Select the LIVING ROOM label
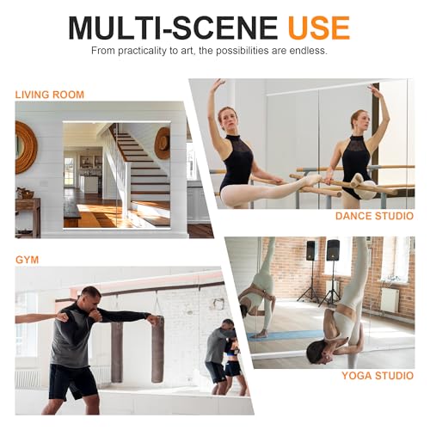coord(50,93)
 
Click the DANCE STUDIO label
coord(374,216)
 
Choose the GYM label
coord(28,257)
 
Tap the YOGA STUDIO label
coord(378,376)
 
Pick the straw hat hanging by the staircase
coord(162,142)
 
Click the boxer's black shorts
coord(73,379)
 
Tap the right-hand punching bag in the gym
coord(157,348)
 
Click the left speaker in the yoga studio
coord(310,251)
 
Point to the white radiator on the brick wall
coord(390,300)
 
